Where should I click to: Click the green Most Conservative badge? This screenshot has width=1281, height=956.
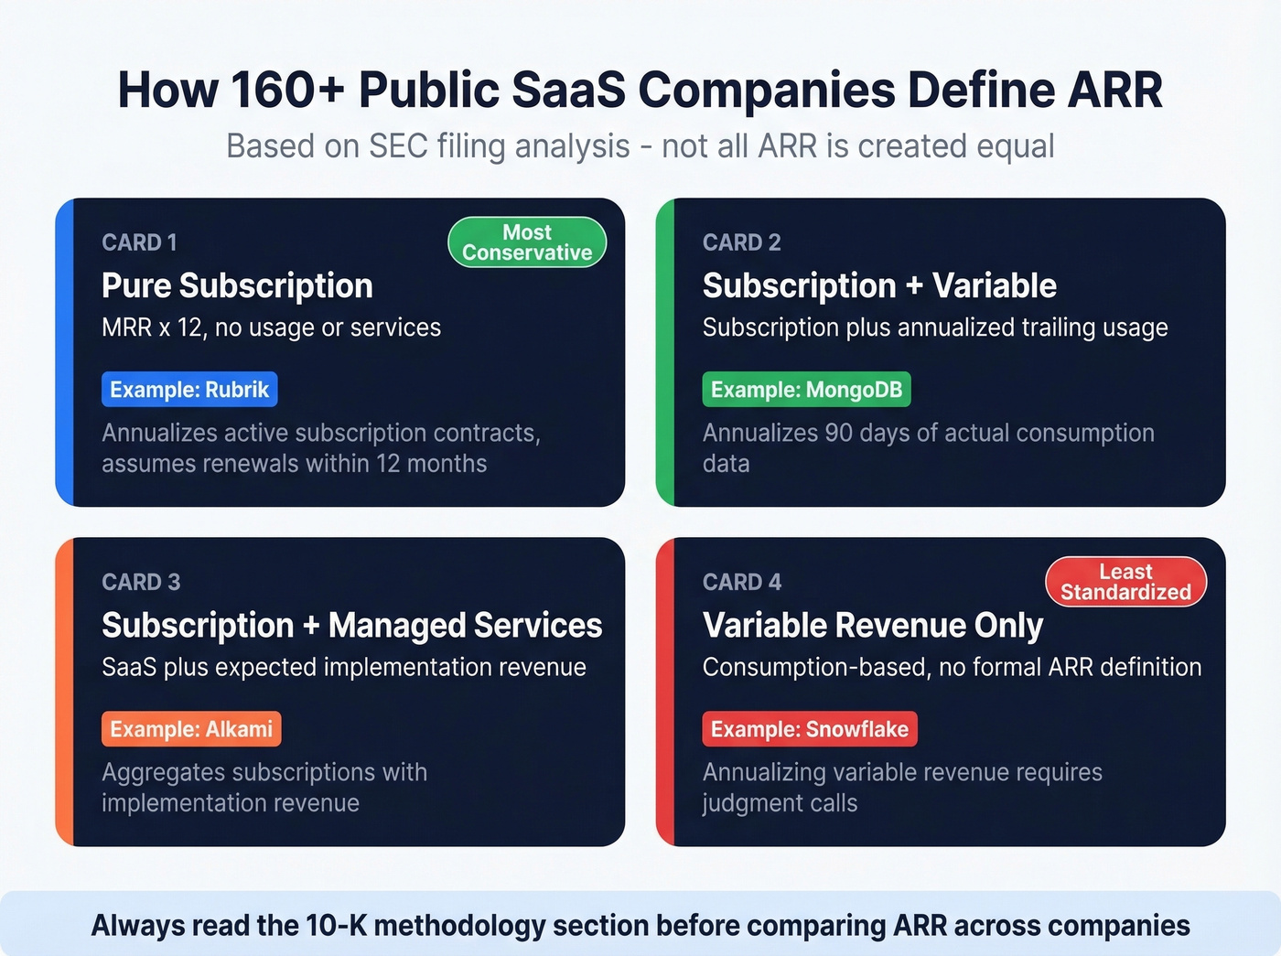[x=527, y=242]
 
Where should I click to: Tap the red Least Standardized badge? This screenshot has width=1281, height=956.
[x=1125, y=582]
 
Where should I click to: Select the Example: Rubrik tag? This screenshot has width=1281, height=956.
[x=189, y=390]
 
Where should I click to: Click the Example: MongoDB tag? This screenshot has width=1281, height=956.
[x=806, y=390]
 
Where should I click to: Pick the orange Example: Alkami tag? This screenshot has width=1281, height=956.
[x=191, y=729]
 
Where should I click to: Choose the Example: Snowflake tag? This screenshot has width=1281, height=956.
[x=809, y=729]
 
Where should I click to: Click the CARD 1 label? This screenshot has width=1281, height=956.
[x=139, y=242]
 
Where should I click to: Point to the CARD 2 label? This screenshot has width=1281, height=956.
[x=741, y=242]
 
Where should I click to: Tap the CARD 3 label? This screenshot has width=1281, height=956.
[x=141, y=582]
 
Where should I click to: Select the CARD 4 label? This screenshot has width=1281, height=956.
[x=741, y=582]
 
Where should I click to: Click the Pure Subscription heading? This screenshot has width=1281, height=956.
[x=237, y=285]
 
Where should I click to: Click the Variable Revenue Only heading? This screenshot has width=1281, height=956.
[x=872, y=626]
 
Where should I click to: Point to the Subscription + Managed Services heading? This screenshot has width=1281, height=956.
[x=351, y=626]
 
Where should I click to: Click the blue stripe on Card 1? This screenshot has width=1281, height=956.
[x=64, y=352]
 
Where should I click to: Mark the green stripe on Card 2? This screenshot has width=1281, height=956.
[x=665, y=352]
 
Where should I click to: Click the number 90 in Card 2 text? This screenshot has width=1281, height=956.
[x=838, y=433]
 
